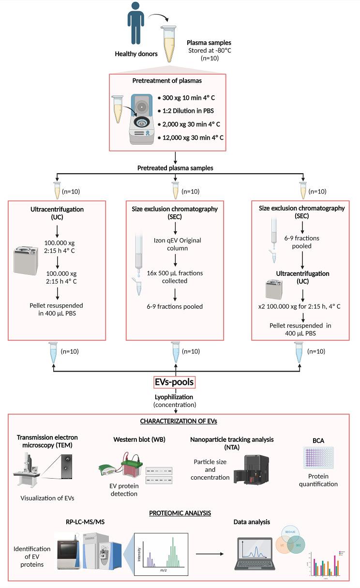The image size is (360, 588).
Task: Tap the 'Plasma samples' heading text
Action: pos(210,43)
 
